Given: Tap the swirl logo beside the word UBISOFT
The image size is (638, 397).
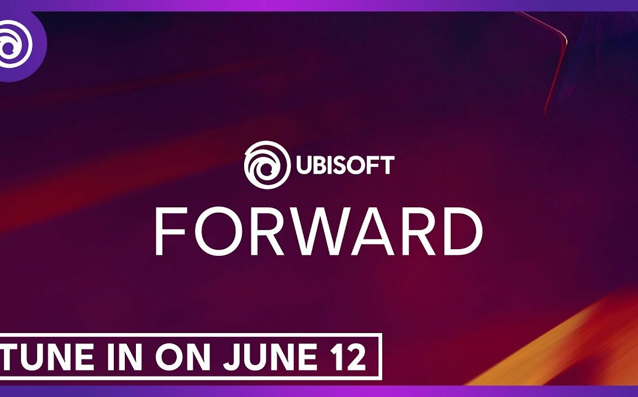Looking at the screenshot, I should coord(267,165).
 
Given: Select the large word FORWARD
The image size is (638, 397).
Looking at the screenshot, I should coord(319,232).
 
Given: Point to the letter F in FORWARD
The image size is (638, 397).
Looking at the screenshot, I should coord(168,232).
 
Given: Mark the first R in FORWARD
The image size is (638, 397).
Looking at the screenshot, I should coord(260,232).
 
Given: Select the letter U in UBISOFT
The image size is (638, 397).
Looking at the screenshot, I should coord(303,165).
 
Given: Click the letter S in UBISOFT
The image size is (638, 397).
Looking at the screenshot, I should coord(340,165).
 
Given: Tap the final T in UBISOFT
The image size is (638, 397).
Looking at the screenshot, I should coord(387,165).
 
